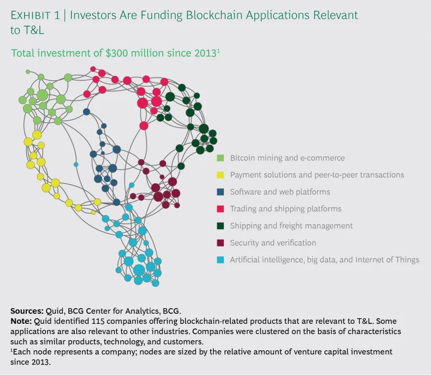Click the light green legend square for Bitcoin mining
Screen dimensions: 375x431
(221, 158)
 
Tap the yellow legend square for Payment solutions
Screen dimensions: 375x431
(221, 175)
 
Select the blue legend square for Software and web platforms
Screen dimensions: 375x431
(221, 192)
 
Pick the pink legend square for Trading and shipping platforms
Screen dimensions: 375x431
(221, 209)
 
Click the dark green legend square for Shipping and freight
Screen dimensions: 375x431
(221, 226)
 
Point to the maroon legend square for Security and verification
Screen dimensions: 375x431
(221, 243)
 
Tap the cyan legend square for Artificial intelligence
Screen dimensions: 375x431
(221, 260)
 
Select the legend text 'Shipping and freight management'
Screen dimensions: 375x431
(291, 226)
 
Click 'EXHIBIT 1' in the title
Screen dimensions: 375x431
(34, 15)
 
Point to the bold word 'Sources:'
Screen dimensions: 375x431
(26, 310)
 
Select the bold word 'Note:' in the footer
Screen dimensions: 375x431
(21, 321)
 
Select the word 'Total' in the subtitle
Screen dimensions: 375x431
(23, 53)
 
